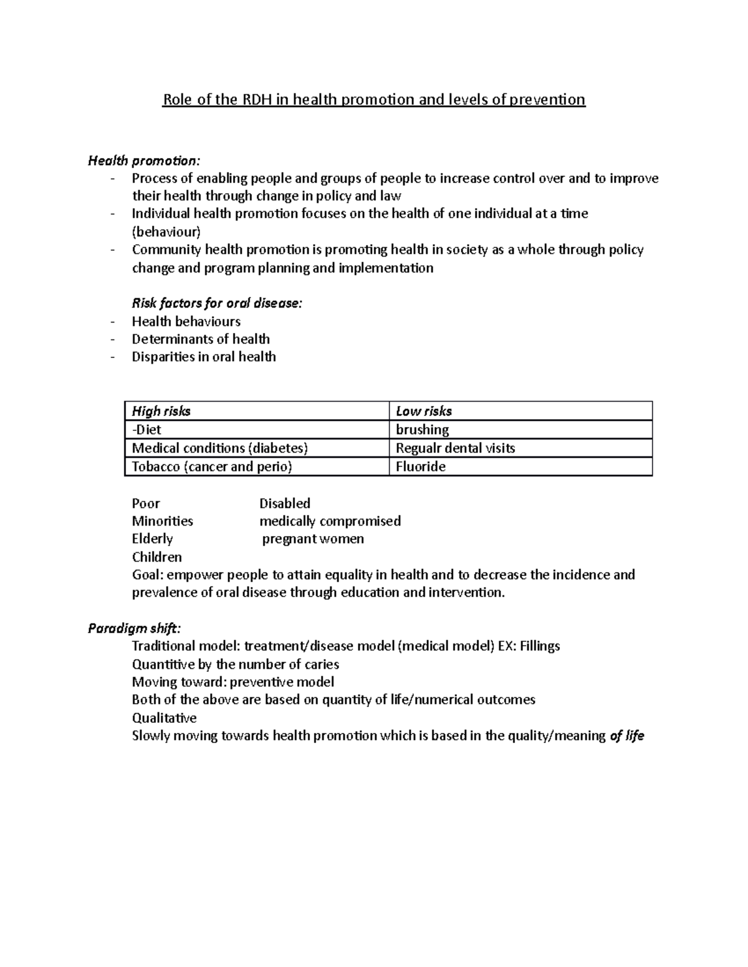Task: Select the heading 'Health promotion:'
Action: pos(144,161)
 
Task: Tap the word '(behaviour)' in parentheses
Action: pos(166,232)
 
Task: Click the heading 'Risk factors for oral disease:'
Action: pos(217,303)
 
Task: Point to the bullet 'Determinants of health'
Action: pos(201,339)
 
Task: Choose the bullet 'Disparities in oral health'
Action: pos(204,357)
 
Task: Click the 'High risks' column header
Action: pos(161,411)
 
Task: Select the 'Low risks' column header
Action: pos(424,411)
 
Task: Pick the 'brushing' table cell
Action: pos(423,430)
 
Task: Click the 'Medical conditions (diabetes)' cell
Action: pos(220,448)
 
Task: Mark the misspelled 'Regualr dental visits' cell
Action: pos(456,448)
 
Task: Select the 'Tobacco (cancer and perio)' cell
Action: pos(212,467)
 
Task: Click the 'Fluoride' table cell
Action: pos(421,467)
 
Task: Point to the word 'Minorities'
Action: pos(163,521)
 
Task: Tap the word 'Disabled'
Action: pos(285,503)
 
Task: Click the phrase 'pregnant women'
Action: pos(313,539)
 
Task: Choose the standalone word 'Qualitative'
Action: pos(165,718)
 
